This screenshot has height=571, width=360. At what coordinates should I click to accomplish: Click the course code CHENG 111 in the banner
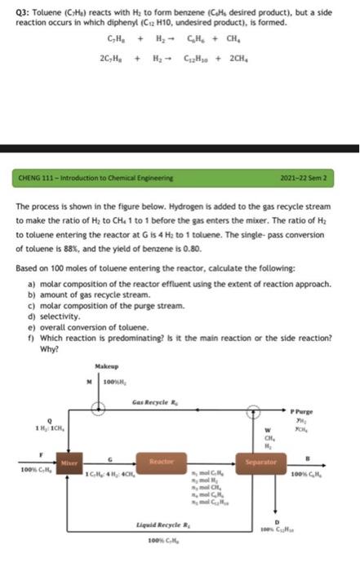pyautogui.click(x=42, y=176)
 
